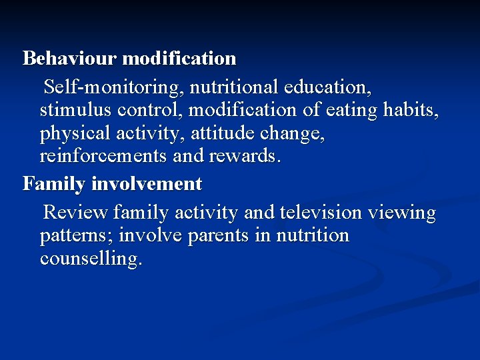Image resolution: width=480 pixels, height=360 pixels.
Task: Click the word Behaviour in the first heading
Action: pos(70,59)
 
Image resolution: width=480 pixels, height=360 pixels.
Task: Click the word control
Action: pos(151,111)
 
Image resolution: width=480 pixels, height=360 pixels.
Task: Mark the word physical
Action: pos(79,135)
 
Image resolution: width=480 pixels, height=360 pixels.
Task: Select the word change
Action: pos(295,135)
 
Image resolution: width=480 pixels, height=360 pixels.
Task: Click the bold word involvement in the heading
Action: pos(146,183)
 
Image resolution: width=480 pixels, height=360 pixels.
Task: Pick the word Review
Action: pos(75,213)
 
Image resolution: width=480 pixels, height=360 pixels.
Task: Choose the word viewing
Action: pos(406,213)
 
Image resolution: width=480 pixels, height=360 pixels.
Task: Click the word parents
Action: pos(223,236)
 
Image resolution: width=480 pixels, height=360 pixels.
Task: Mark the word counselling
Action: pos(91,259)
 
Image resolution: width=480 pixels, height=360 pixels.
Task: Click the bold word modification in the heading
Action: pos(180,59)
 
